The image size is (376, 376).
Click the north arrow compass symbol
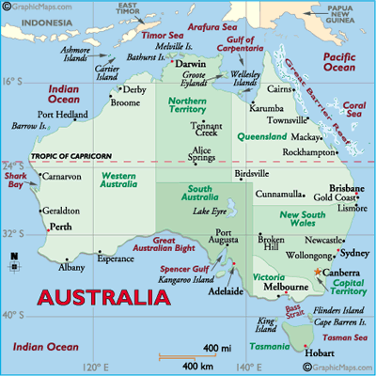(13, 264)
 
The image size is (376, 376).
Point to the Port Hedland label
(63, 115)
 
